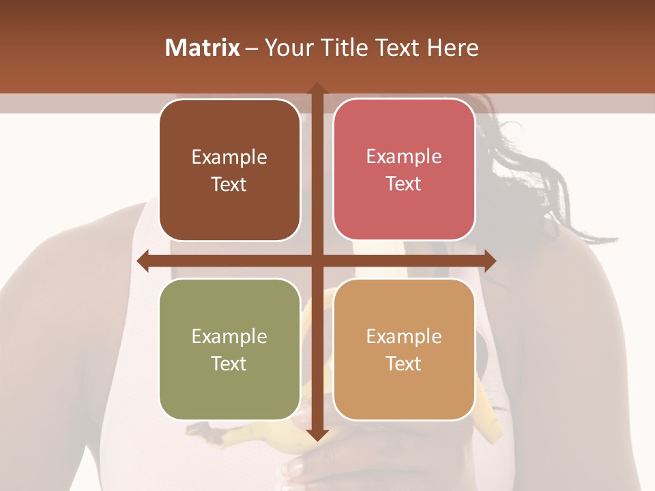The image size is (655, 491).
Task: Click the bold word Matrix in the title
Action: coord(203,48)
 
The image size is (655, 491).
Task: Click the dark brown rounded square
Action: coord(229,170)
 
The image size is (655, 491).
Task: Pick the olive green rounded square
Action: coord(229,349)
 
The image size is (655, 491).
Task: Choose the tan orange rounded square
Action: coord(404,349)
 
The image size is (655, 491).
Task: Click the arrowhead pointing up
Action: coord(317,89)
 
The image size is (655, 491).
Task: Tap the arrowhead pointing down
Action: coord(317,434)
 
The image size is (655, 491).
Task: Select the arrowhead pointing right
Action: coord(489,261)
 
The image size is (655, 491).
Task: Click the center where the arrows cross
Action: coord(317,261)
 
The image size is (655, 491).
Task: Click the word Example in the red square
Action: coord(404,156)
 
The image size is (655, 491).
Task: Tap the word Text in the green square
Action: coord(229,363)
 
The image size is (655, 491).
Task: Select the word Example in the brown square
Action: coord(229,157)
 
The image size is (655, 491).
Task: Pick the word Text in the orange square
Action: coord(403,363)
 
